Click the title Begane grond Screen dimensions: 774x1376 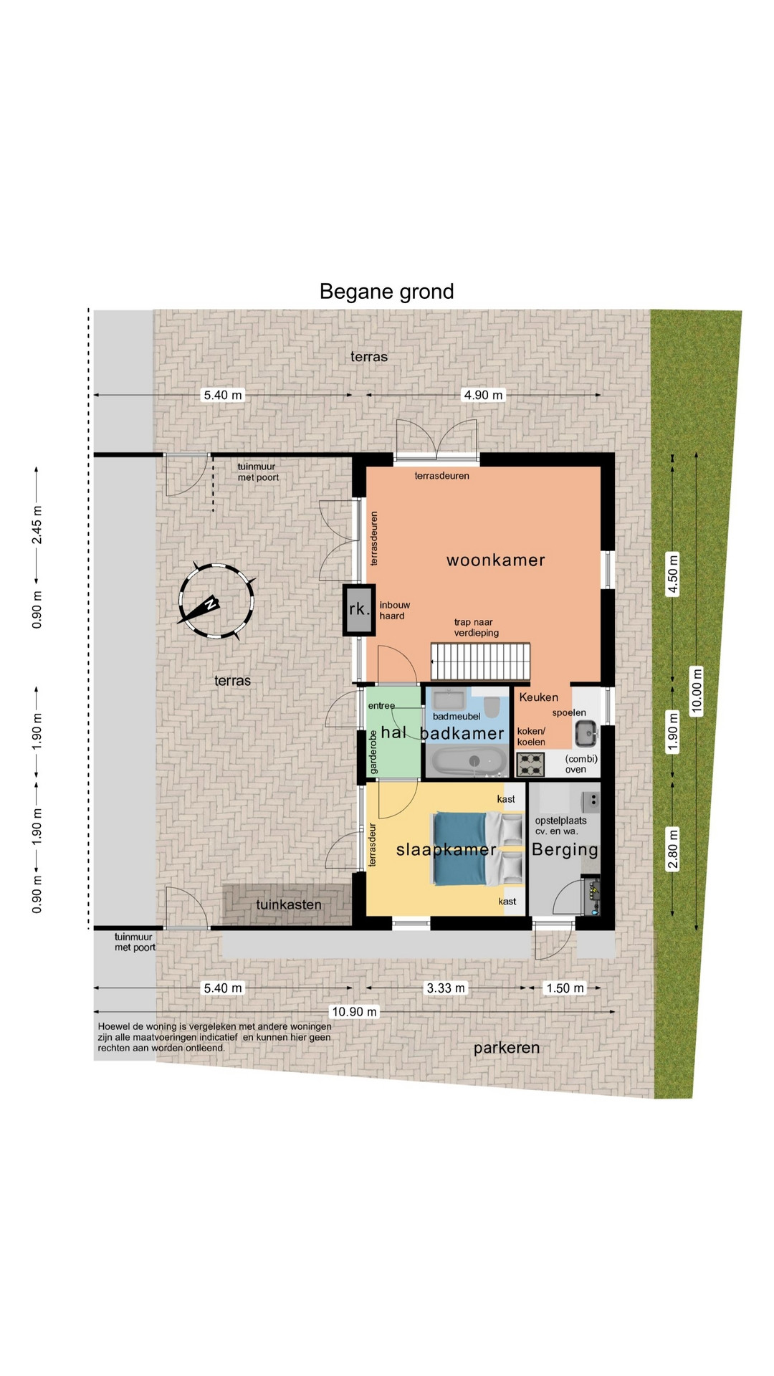click(x=386, y=292)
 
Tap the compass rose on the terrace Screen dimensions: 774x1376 click(x=216, y=602)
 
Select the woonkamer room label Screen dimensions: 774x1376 click(x=496, y=560)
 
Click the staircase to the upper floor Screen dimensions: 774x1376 click(x=480, y=661)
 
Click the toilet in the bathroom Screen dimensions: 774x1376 click(x=492, y=707)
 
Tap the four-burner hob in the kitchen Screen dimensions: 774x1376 click(x=530, y=764)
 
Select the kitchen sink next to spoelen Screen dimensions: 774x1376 click(x=586, y=733)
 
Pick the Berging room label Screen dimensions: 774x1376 click(x=565, y=849)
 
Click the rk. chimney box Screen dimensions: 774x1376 click(x=359, y=610)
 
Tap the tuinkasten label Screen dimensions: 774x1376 click(x=289, y=904)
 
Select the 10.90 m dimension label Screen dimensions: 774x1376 click(x=354, y=1011)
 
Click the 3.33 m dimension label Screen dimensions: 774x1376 click(x=446, y=988)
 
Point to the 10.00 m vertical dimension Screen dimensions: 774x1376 click(x=697, y=691)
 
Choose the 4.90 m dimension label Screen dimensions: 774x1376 click(x=484, y=395)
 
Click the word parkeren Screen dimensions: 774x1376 click(x=507, y=1048)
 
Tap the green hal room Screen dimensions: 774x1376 click(x=393, y=732)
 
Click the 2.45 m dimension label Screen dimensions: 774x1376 click(x=37, y=525)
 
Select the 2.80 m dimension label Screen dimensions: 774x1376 click(x=673, y=849)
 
